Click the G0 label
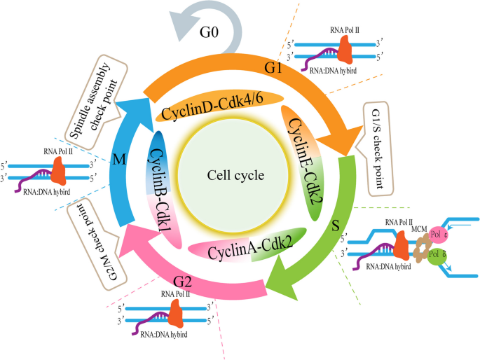(x=209, y=32)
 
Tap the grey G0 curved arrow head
(x=182, y=27)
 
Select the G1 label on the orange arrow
(x=273, y=68)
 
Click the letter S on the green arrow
(x=336, y=226)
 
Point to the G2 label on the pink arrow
(x=182, y=282)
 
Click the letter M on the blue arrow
(x=119, y=160)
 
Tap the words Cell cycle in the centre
(x=235, y=175)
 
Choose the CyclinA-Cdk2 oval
(x=247, y=245)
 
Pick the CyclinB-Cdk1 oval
(x=163, y=190)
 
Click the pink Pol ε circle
(x=438, y=235)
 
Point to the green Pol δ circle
(x=437, y=254)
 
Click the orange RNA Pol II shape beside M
(x=58, y=171)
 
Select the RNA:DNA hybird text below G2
(x=164, y=335)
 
